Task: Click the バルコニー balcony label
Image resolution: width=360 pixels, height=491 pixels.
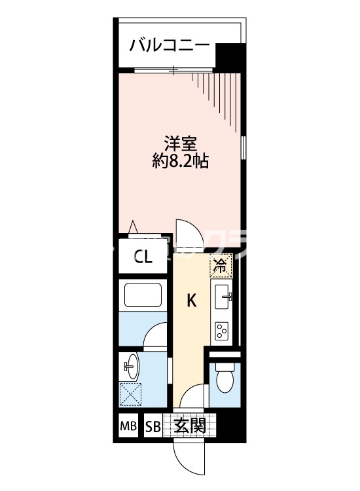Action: [169, 45]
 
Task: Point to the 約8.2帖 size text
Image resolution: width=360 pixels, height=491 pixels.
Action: [180, 161]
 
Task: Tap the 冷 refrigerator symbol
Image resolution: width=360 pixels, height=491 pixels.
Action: [221, 266]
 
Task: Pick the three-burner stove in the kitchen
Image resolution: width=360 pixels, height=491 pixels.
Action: [222, 331]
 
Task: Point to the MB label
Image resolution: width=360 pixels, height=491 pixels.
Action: [128, 427]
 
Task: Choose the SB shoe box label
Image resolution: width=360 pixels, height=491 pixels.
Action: [153, 427]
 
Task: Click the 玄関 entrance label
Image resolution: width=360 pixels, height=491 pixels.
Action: [190, 426]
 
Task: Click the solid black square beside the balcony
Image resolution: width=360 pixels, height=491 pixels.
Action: [228, 56]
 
